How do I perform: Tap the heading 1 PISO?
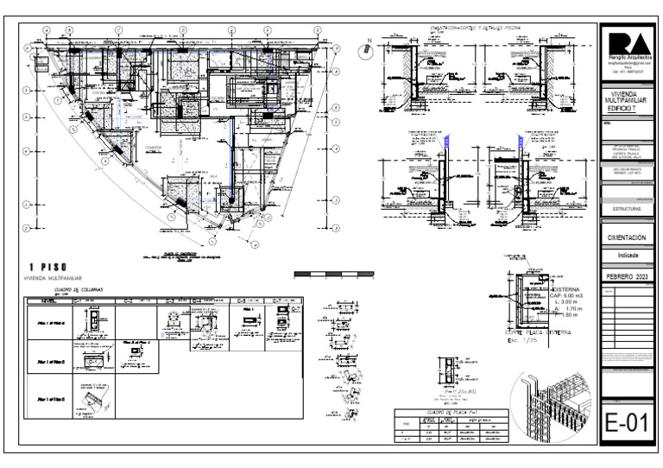(48, 266)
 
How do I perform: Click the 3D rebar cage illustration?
(552, 404)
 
